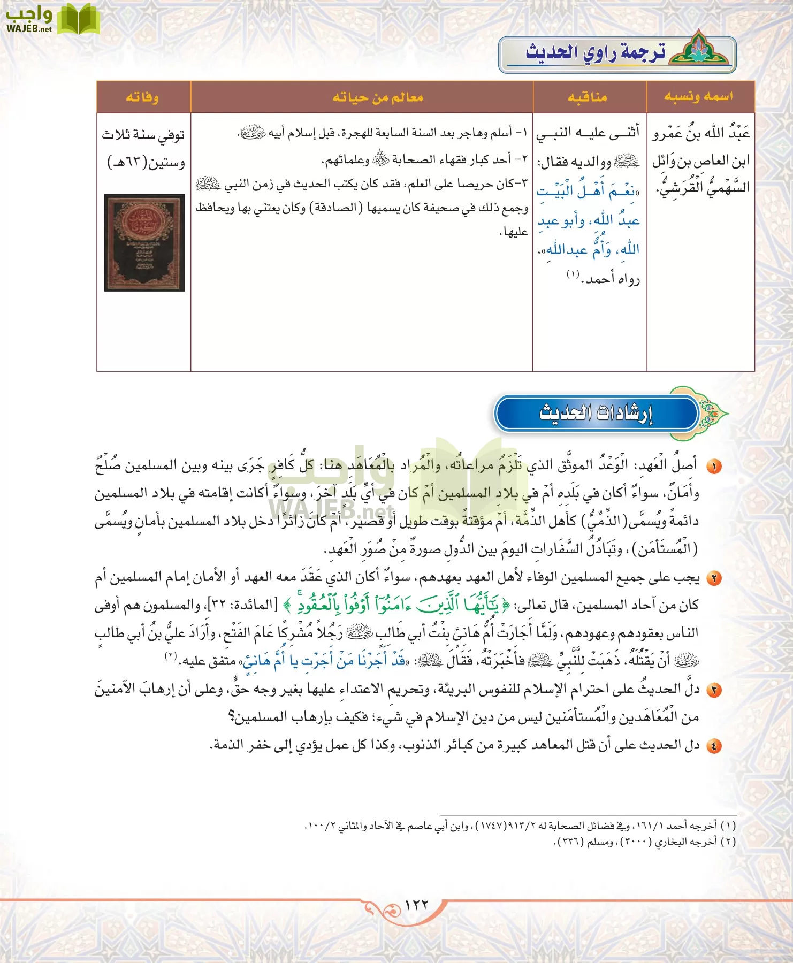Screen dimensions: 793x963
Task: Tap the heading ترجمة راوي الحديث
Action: [596, 53]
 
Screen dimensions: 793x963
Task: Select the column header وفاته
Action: [142, 97]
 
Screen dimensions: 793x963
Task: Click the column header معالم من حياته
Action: [377, 97]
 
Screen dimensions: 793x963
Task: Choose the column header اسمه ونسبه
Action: [698, 97]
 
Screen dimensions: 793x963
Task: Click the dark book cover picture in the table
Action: [144, 242]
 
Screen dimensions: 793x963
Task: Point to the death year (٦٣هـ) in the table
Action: [128, 162]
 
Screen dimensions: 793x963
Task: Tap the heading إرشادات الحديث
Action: [596, 413]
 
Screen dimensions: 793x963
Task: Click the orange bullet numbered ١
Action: [713, 467]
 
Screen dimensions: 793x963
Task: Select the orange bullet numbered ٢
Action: [713, 578]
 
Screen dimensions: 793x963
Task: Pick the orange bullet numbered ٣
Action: [713, 690]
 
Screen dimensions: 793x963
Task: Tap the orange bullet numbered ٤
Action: [713, 746]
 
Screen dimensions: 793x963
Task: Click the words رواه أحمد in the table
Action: [613, 279]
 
